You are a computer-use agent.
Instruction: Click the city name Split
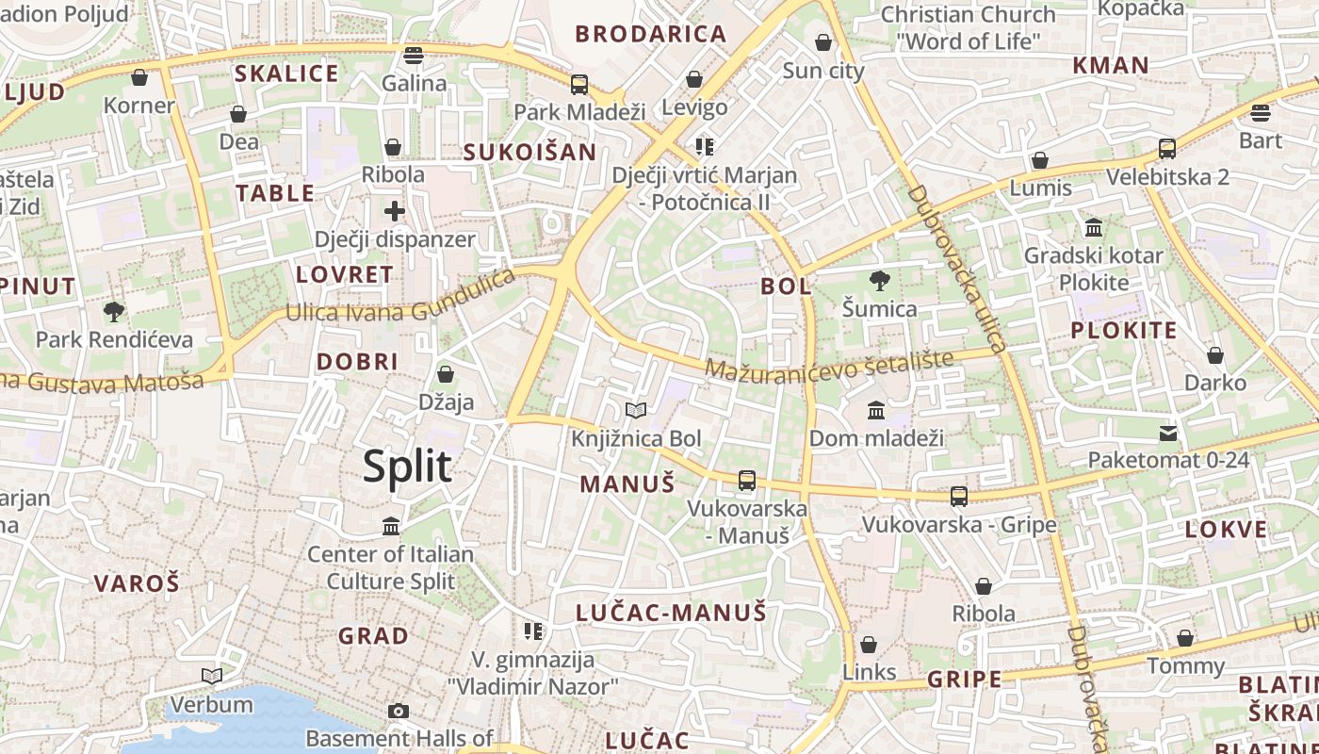pyautogui.click(x=407, y=467)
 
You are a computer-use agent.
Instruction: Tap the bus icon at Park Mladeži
pyautogui.click(x=579, y=84)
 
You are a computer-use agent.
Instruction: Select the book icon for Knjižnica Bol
pyautogui.click(x=636, y=410)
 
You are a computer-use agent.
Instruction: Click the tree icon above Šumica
pyautogui.click(x=879, y=280)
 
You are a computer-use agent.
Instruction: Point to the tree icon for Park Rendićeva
pyautogui.click(x=114, y=311)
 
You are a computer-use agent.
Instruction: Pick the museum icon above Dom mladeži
pyautogui.click(x=876, y=410)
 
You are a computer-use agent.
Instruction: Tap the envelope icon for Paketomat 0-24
pyautogui.click(x=1168, y=433)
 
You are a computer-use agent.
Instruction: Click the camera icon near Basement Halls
pyautogui.click(x=399, y=711)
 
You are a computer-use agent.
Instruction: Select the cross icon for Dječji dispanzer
pyautogui.click(x=395, y=211)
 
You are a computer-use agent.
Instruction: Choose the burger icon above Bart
pyautogui.click(x=1261, y=113)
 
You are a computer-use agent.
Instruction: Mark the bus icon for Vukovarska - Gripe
pyautogui.click(x=959, y=496)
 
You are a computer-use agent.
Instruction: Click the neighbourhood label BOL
pyautogui.click(x=786, y=286)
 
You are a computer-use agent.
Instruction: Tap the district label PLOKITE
pyautogui.click(x=1123, y=330)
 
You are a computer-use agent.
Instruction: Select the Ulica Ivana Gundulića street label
pyautogui.click(x=400, y=298)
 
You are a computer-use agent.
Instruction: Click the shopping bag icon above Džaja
pyautogui.click(x=446, y=374)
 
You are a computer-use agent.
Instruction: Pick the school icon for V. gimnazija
pyautogui.click(x=533, y=631)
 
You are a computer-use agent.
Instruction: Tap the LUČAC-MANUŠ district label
pyautogui.click(x=671, y=613)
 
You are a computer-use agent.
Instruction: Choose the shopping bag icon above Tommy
pyautogui.click(x=1185, y=638)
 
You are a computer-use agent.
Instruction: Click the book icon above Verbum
pyautogui.click(x=212, y=676)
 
